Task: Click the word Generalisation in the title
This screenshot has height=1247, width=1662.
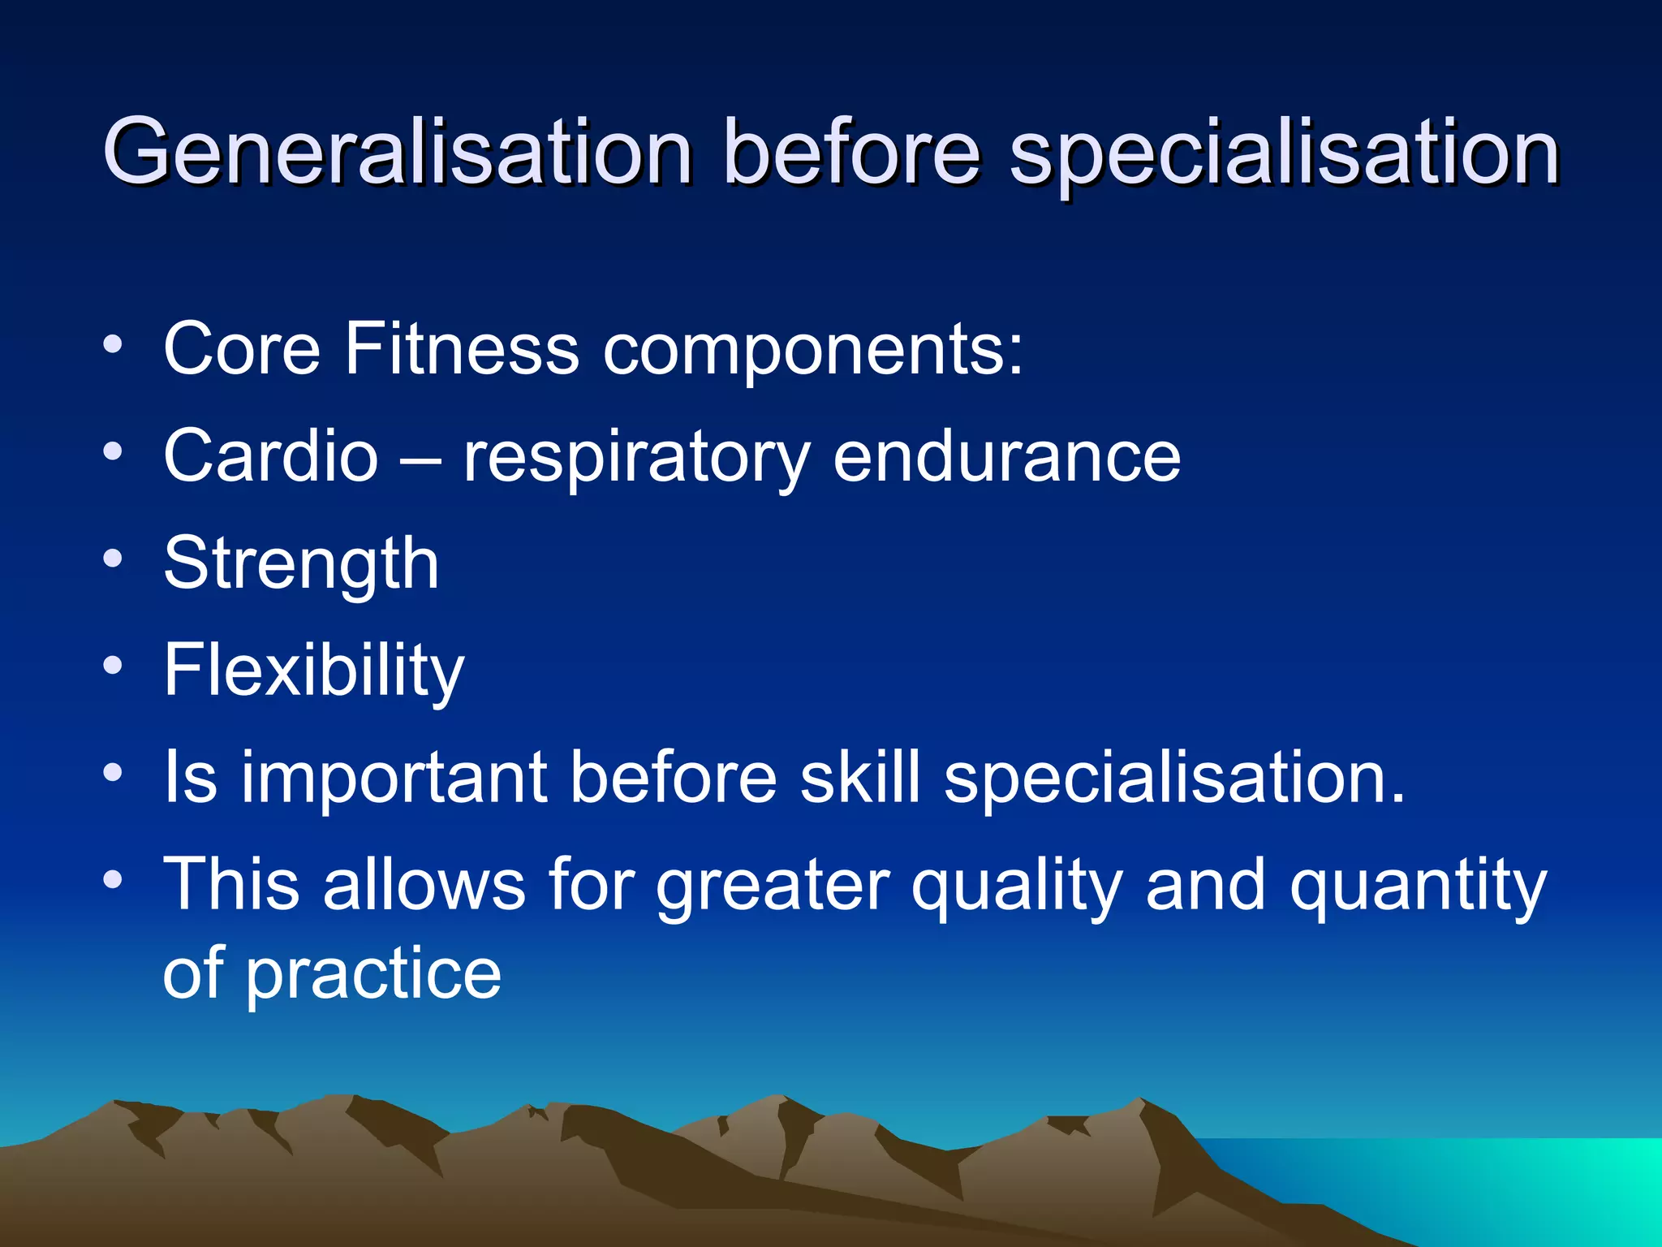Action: (x=398, y=153)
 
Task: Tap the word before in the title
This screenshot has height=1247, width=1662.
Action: (x=852, y=153)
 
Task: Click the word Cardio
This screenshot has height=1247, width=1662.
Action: (x=271, y=456)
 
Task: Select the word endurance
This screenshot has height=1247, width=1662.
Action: (x=1006, y=456)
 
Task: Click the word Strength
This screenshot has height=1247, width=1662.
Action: (x=301, y=565)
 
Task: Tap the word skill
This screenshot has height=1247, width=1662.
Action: (x=860, y=777)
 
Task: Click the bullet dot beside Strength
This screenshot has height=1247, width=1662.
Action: (x=114, y=559)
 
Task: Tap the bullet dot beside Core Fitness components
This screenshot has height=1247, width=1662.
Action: (x=114, y=344)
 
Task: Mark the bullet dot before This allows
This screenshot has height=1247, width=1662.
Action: (x=114, y=879)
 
